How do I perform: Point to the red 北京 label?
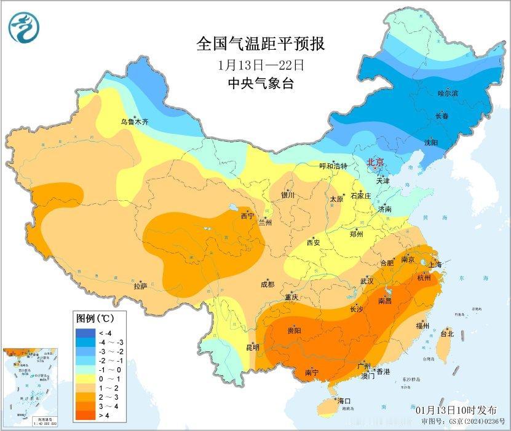tap(375, 163)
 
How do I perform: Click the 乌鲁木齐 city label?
tap(134, 122)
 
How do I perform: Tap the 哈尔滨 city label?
tap(448, 93)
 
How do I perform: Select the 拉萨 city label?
tap(140, 285)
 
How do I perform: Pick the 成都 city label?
tap(267, 284)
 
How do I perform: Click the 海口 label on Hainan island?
tap(344, 401)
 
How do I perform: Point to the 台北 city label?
tap(447, 334)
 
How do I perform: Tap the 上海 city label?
tap(435, 264)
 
